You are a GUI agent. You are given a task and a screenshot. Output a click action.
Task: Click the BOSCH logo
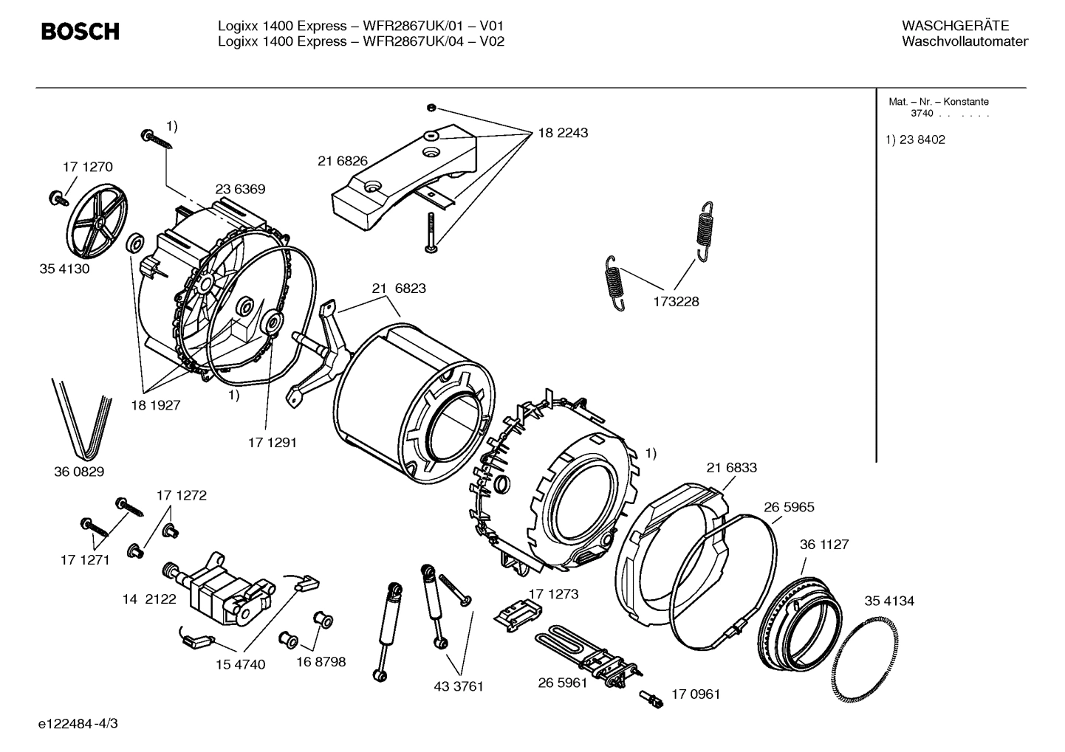coord(80,32)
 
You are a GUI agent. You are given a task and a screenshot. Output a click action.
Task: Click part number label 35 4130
coord(64,269)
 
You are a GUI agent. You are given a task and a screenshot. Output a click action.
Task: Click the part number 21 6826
coord(343,162)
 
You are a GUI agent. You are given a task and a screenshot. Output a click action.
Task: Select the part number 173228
coord(676,302)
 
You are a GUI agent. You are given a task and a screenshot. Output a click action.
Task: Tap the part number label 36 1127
coord(824,545)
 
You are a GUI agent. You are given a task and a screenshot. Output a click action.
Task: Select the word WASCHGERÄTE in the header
coord(955,27)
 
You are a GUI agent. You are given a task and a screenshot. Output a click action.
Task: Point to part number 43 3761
coord(459,686)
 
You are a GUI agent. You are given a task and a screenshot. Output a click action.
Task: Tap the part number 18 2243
coord(563,134)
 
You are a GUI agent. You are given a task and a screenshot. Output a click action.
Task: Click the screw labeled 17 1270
coord(56,197)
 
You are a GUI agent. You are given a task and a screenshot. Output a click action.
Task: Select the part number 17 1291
coord(272,443)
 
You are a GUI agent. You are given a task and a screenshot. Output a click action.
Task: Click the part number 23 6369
coord(240,190)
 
